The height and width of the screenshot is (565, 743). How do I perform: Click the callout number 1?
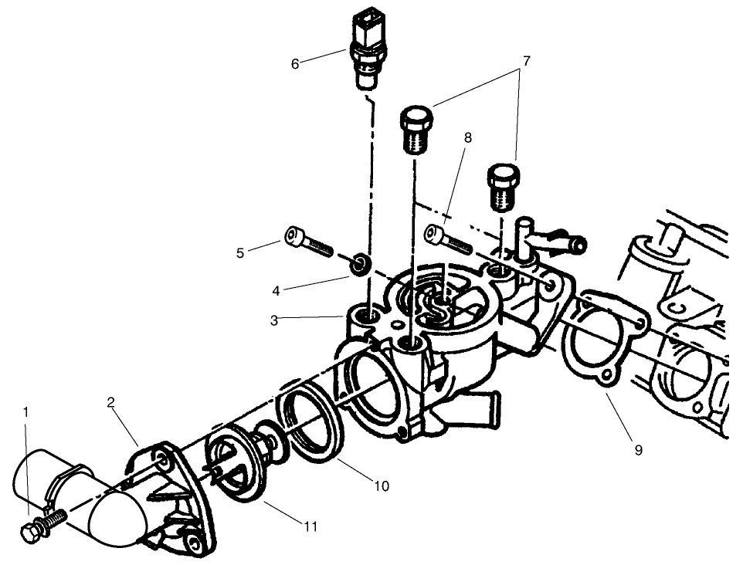[x=25, y=412]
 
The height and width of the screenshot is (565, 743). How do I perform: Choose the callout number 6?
[x=294, y=64]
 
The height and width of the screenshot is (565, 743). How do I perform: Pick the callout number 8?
[x=467, y=138]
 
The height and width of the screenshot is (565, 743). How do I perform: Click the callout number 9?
[x=638, y=450]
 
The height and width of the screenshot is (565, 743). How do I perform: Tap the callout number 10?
[x=382, y=486]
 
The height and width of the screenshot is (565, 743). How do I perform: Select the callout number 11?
[x=310, y=527]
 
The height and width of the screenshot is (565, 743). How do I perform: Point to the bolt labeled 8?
[x=448, y=238]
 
